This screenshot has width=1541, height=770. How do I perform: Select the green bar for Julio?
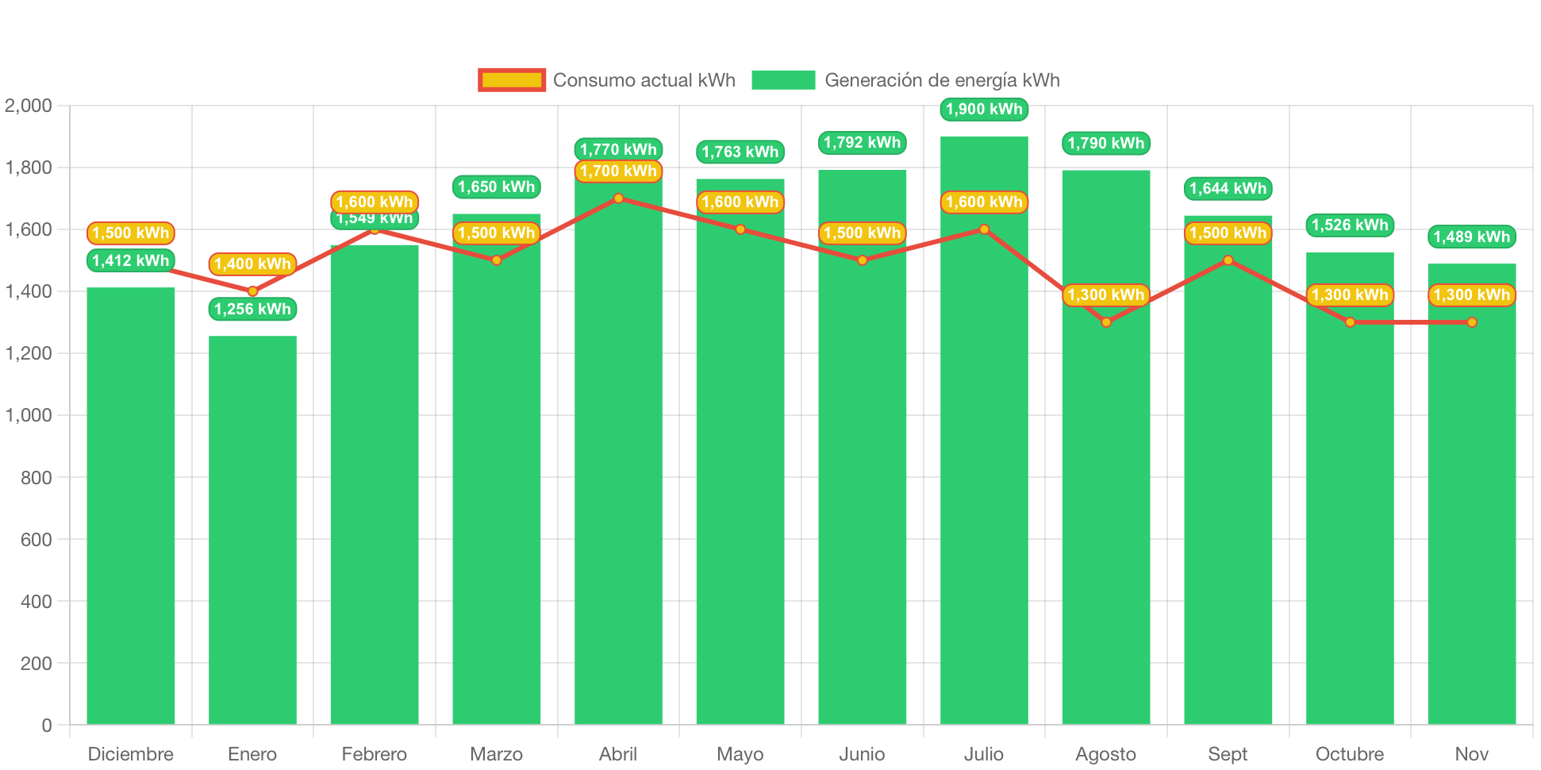984,476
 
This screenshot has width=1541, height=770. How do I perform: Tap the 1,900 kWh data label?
984,109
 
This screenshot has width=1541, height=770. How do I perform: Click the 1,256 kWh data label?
252,309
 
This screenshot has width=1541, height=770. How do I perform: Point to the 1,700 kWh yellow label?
618,171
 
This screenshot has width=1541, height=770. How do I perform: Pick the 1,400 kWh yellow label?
252,264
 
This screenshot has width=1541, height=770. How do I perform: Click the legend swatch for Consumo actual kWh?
512,80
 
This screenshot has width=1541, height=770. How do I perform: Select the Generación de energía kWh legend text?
942,80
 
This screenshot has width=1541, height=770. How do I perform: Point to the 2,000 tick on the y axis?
29,106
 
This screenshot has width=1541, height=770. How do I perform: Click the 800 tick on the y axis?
37,478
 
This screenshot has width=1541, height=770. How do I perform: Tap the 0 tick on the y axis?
47,726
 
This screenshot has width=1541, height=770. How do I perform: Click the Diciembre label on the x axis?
131,754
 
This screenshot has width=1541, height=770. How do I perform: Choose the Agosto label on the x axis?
1105,754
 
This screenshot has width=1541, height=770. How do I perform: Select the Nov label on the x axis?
1471,754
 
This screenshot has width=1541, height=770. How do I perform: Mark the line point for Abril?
618,198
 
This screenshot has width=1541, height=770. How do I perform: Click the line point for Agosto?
1106,322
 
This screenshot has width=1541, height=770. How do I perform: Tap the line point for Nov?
1472,322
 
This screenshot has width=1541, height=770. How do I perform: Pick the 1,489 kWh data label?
1471,237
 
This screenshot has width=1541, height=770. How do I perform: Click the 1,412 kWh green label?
131,260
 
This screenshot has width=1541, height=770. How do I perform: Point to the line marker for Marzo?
497,260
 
